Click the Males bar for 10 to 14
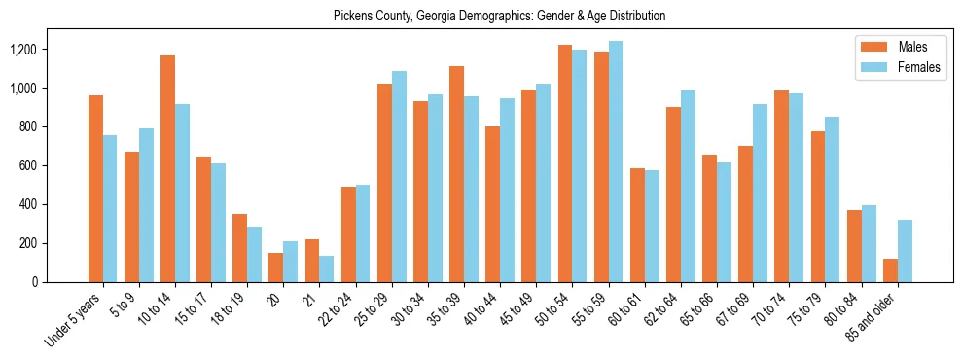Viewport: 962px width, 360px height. pos(167,169)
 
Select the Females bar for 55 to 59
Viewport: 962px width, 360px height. pos(616,162)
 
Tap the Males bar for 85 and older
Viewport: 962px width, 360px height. pos(890,270)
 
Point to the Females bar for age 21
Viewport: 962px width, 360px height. pos(327,270)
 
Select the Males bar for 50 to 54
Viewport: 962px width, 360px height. pos(565,163)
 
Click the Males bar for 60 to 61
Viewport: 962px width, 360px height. pos(637,226)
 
